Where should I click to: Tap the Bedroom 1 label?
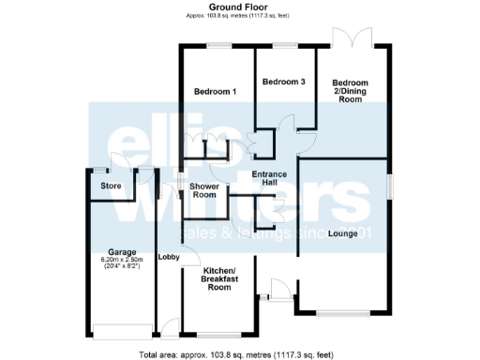(x=215, y=91)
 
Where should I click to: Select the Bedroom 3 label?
(x=283, y=82)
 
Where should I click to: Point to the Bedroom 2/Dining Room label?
(x=351, y=91)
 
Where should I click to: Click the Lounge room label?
(x=342, y=233)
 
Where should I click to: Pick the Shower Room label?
(x=204, y=190)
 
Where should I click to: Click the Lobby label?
(x=169, y=258)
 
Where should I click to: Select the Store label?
(x=111, y=186)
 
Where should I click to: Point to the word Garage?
(x=122, y=252)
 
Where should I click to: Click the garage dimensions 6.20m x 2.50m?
(x=122, y=260)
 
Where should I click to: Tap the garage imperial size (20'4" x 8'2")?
(x=122, y=267)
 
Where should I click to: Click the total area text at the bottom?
(x=236, y=354)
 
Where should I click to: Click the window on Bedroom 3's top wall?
(x=283, y=46)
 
